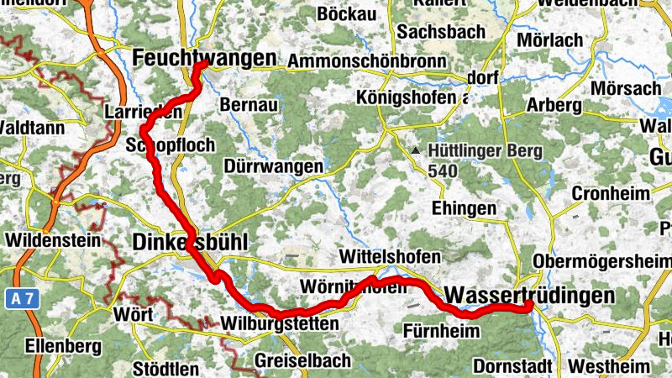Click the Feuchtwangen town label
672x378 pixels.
(205, 58)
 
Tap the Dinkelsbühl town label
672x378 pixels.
(190, 242)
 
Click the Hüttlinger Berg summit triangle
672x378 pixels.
(415, 151)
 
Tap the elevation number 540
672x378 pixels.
(442, 171)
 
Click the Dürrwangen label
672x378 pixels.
(273, 166)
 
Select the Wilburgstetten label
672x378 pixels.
(279, 323)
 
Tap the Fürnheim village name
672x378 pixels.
(441, 329)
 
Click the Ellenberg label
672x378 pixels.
(63, 345)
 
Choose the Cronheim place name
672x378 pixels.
(611, 192)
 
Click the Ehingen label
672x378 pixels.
(458, 207)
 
